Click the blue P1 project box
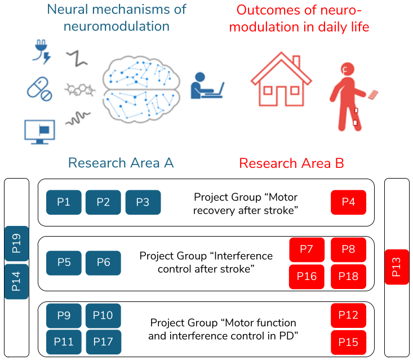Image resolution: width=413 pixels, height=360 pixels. [x=64, y=202]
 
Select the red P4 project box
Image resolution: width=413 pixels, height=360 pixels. [x=348, y=202]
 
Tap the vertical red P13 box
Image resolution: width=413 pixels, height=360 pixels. [x=396, y=266]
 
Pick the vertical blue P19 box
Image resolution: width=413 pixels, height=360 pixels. [x=16, y=243]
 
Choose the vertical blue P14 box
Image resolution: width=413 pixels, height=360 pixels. [x=16, y=282]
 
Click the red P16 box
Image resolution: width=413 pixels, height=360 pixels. [x=307, y=277]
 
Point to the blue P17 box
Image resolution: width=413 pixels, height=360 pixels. [x=103, y=341]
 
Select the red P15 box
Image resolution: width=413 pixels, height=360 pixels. [x=348, y=341]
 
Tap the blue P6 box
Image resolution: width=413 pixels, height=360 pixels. [x=103, y=263]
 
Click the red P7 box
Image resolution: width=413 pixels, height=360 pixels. [x=307, y=250]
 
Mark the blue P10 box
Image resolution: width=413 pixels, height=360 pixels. [x=103, y=315]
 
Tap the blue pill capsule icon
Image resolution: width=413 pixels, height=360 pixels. [x=39, y=89]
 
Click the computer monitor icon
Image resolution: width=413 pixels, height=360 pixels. [x=39, y=131]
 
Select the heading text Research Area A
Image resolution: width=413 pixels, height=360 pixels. [x=121, y=163]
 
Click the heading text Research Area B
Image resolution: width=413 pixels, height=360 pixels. [x=291, y=163]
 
